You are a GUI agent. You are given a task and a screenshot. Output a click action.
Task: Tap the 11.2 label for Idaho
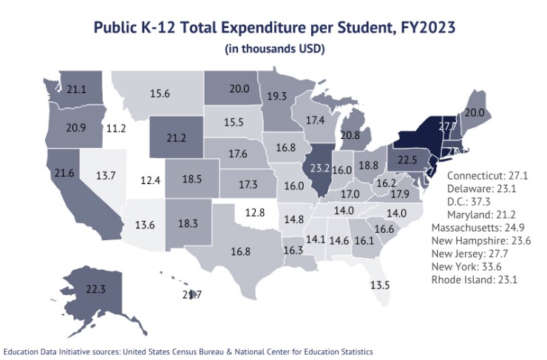click(116, 128)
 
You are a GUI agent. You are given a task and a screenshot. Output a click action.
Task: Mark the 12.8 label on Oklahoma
click(254, 212)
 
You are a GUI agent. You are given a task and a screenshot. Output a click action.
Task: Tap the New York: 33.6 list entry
click(474, 267)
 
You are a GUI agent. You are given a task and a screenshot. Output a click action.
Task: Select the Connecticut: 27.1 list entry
click(488, 176)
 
